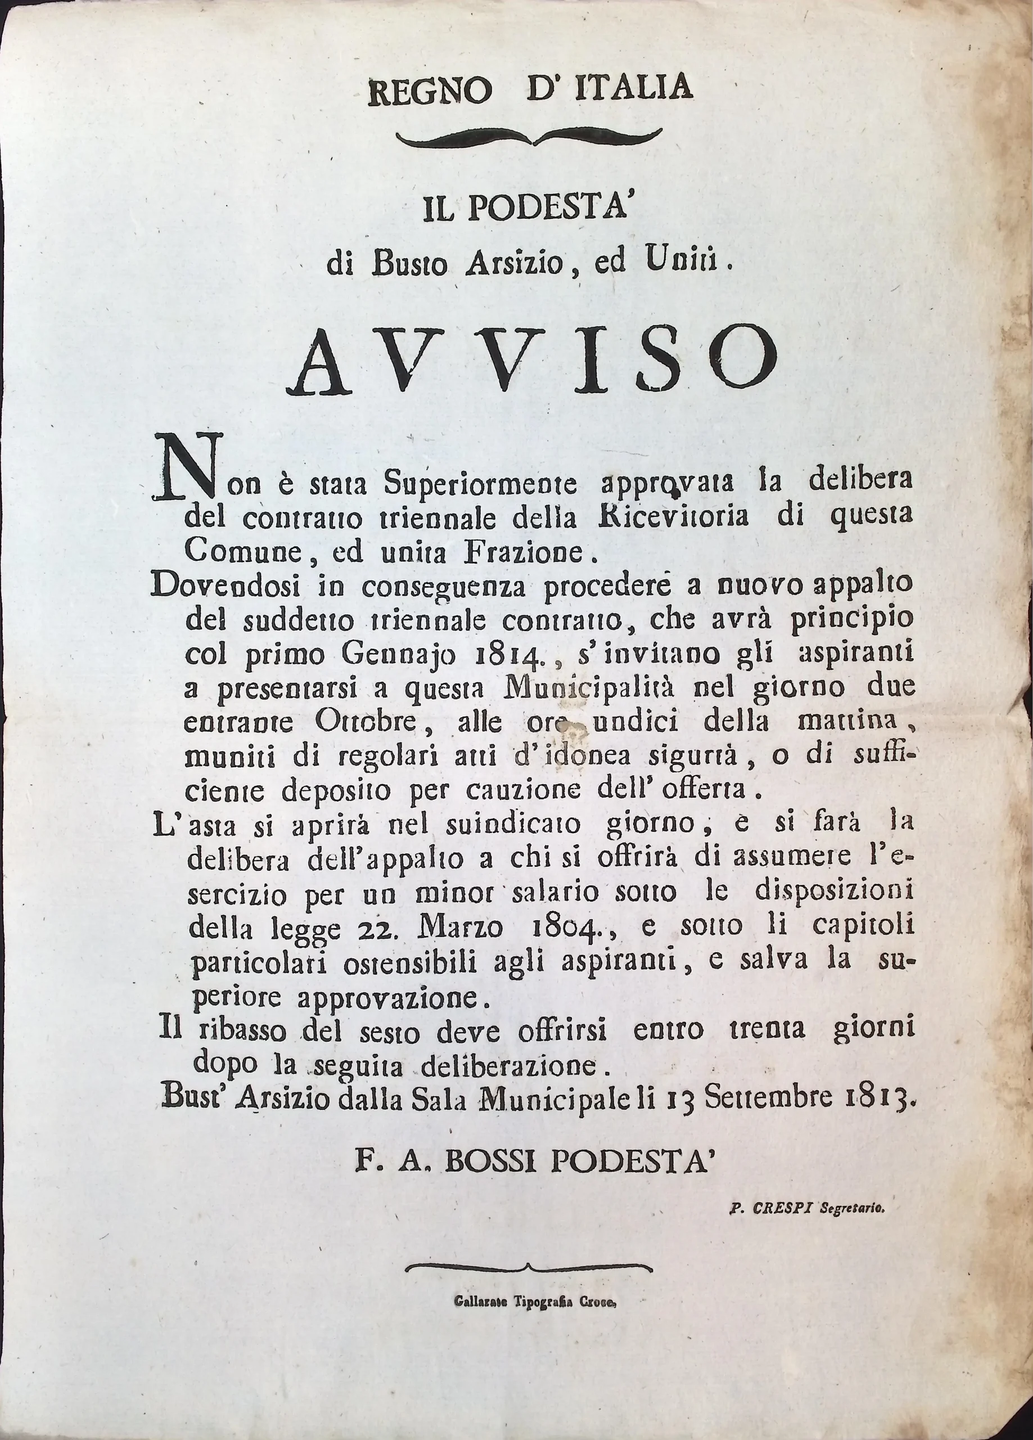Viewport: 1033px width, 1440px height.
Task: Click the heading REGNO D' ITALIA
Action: click(530, 88)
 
